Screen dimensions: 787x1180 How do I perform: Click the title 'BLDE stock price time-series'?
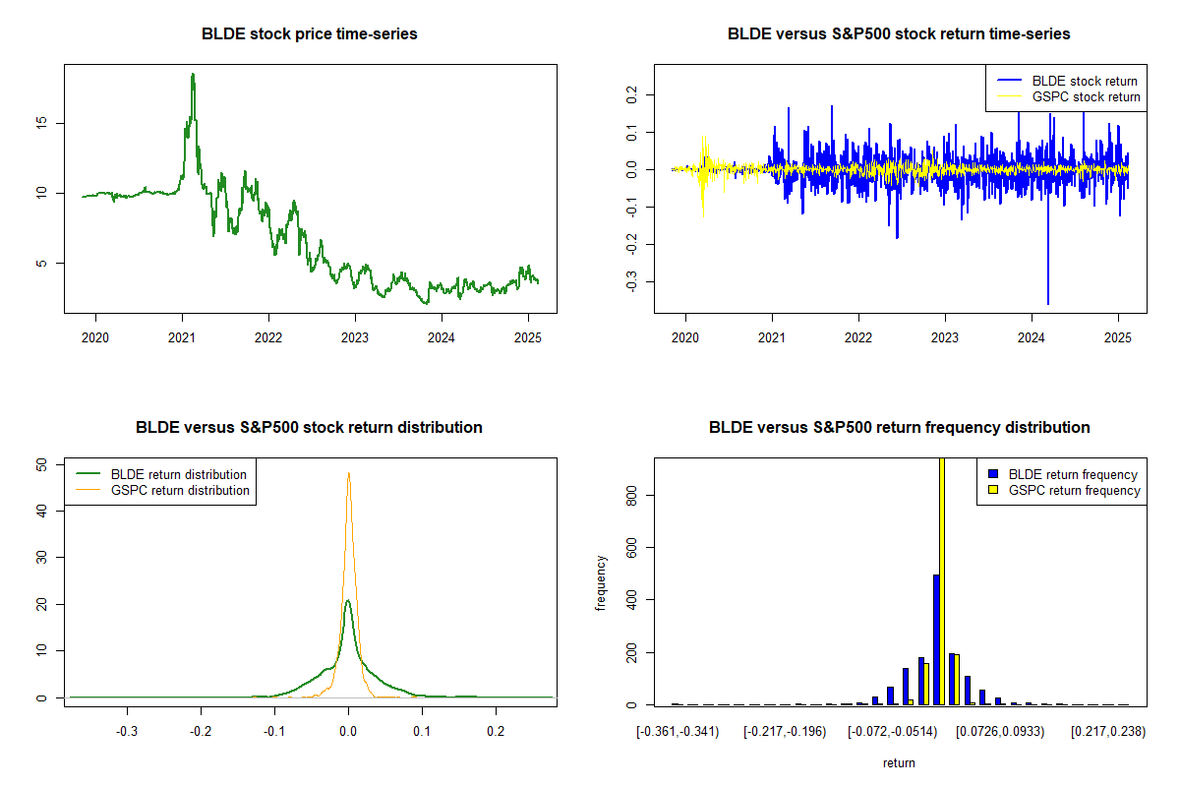pos(309,34)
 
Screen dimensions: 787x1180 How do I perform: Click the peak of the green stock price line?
pos(193,75)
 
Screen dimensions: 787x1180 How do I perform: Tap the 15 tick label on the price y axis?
pos(45,123)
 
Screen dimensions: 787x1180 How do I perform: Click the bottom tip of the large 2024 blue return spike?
pos(1048,304)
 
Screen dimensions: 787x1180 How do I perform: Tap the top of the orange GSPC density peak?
pos(348,473)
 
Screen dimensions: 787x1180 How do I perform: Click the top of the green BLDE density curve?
pos(347,601)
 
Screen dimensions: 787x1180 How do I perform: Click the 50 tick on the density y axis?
pos(45,464)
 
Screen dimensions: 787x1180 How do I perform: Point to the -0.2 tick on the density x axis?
pos(201,732)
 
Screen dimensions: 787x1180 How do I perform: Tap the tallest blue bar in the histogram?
pos(936,639)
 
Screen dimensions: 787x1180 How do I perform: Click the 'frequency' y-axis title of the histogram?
pos(601,583)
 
